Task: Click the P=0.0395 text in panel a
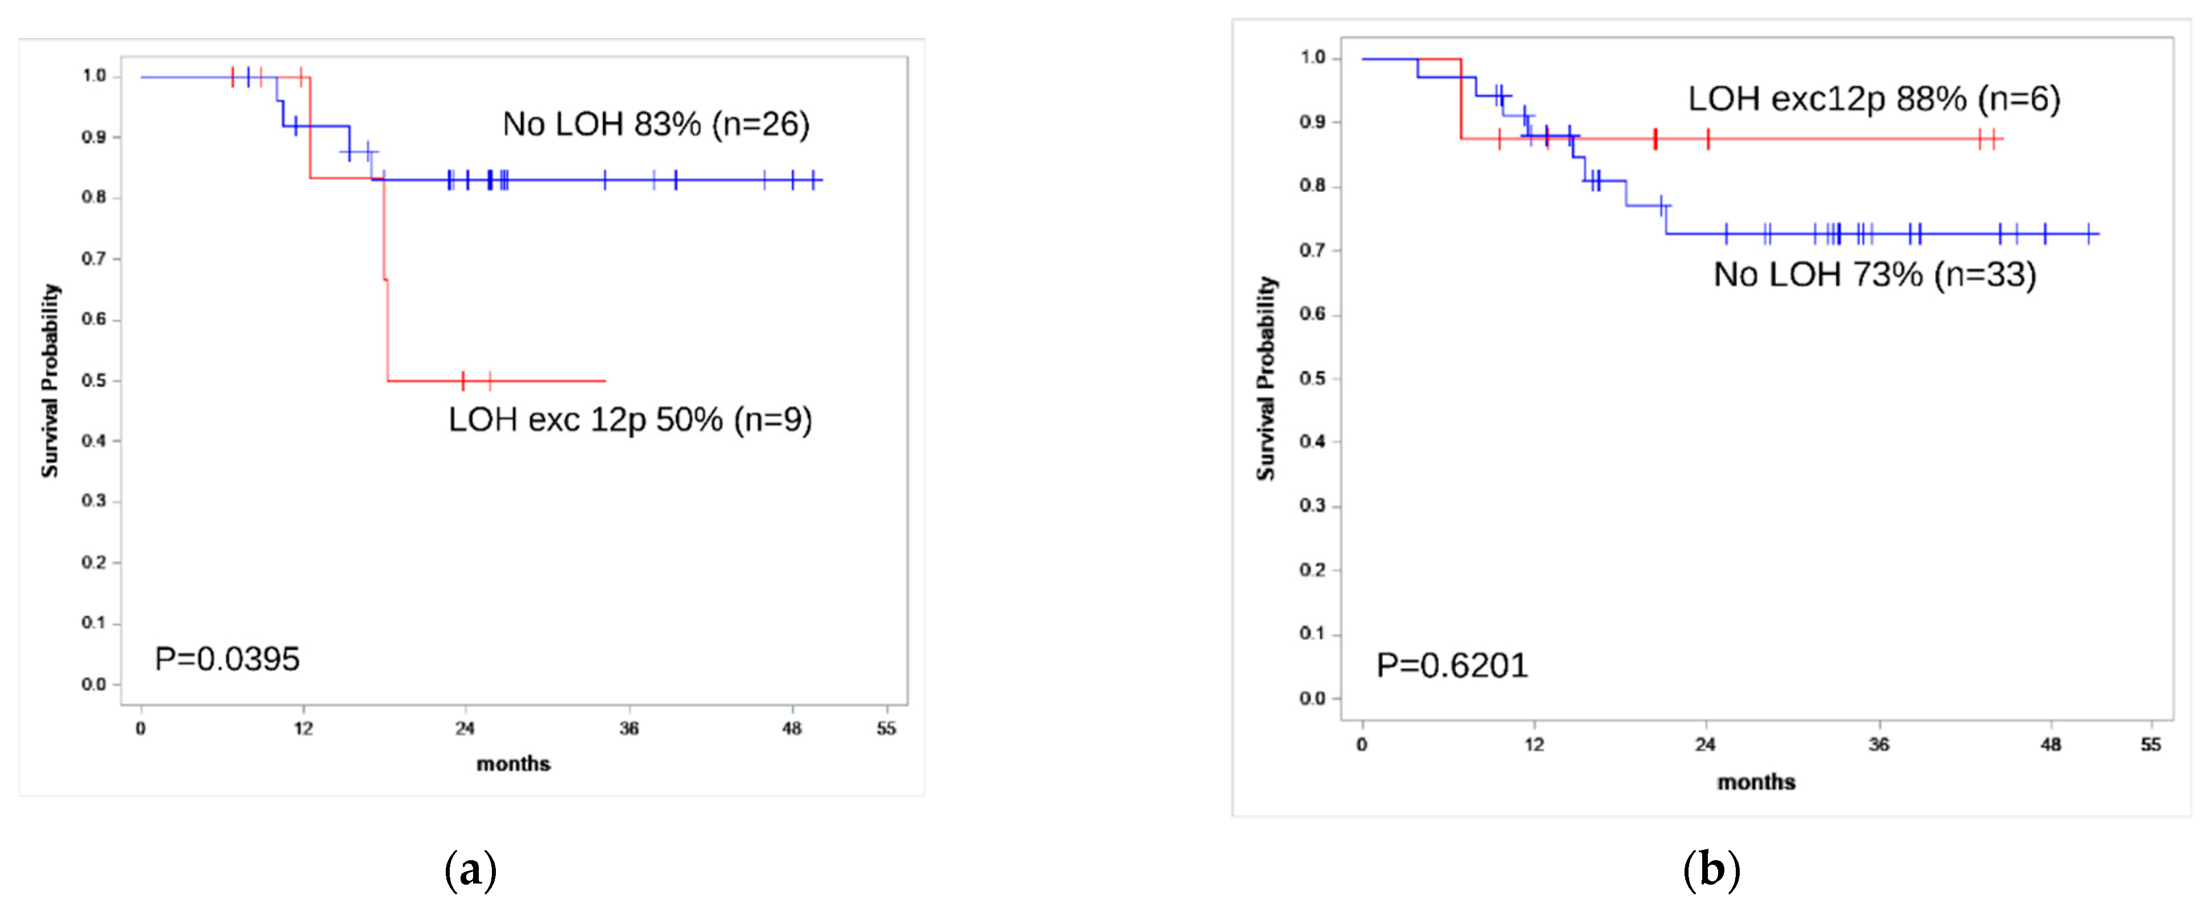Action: pyautogui.click(x=227, y=659)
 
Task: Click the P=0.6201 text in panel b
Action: pyautogui.click(x=1452, y=665)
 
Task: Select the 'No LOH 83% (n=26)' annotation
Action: pyautogui.click(x=655, y=124)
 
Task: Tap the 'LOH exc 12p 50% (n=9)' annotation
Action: pyautogui.click(x=630, y=420)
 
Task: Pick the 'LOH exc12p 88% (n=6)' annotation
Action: pyautogui.click(x=1873, y=98)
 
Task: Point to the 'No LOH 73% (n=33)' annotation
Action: pyautogui.click(x=1874, y=274)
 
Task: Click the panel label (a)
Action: pyautogui.click(x=470, y=870)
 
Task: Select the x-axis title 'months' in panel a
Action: pyautogui.click(x=513, y=763)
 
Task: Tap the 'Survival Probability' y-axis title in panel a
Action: pyautogui.click(x=51, y=380)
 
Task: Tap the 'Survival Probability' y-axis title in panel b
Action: pyautogui.click(x=1265, y=378)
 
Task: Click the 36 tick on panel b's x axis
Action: pyautogui.click(x=1878, y=745)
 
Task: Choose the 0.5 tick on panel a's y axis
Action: pyautogui.click(x=93, y=380)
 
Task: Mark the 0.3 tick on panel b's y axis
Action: pyautogui.click(x=1312, y=506)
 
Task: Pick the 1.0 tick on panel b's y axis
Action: pyautogui.click(x=1312, y=57)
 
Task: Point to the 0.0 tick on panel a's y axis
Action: pyautogui.click(x=93, y=684)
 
